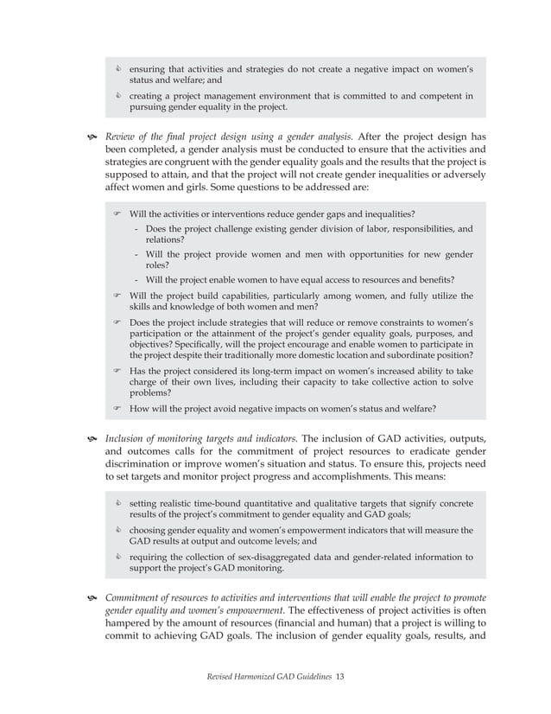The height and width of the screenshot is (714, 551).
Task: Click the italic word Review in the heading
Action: click(x=122, y=136)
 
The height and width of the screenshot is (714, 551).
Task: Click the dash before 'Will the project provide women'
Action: click(x=138, y=255)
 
